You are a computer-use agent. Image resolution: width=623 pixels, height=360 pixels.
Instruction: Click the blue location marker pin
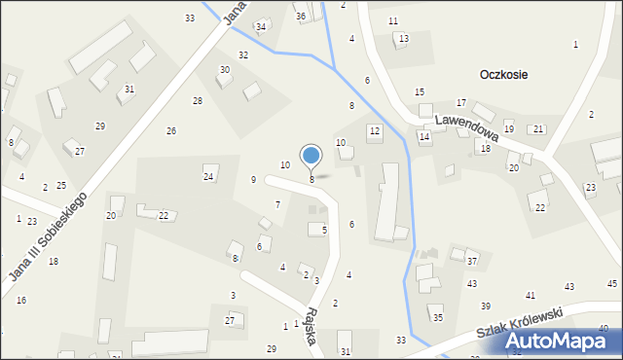[x=311, y=157]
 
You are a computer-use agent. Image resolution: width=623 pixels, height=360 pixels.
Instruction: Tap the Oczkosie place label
[x=503, y=75]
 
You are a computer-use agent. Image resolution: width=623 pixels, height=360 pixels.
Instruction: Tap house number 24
[x=208, y=176]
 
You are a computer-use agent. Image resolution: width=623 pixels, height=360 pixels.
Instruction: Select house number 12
[x=374, y=130]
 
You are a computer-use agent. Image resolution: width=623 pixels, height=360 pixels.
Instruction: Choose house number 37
[x=472, y=261]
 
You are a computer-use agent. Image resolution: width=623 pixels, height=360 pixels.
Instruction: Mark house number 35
[x=438, y=318]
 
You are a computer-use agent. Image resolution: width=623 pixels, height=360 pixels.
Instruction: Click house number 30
[x=225, y=70]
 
